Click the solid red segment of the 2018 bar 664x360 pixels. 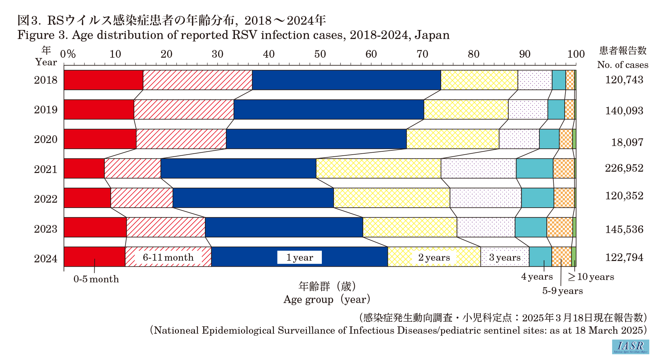point(103,80)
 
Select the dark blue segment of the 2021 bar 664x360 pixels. point(238,168)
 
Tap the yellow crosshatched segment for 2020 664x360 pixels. point(453,139)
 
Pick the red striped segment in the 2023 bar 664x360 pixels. point(166,227)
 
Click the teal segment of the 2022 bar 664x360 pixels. point(537,198)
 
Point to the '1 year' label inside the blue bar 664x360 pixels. point(300,257)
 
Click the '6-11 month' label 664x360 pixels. point(168,257)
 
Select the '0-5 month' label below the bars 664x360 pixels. point(96,279)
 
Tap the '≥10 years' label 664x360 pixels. point(591,277)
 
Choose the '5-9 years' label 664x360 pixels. point(562,291)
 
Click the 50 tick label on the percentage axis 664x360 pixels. point(320,54)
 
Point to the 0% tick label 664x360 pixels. point(68,54)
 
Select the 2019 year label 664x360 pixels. point(46,110)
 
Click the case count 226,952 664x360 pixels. point(624,168)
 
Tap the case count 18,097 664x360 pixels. point(627,142)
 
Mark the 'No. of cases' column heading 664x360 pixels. point(622,65)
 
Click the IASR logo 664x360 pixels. point(630,347)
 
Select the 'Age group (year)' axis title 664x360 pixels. point(327,299)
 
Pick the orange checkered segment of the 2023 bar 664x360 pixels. point(559,227)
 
